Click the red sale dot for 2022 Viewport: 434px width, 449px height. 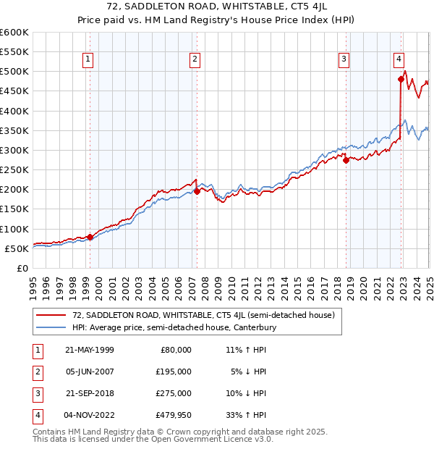coord(400,80)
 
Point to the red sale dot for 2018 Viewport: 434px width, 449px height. coord(346,160)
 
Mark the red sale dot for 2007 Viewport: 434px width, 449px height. coord(197,192)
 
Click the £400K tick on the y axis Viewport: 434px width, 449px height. coord(14,111)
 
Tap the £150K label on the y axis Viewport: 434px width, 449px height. coord(14,209)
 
